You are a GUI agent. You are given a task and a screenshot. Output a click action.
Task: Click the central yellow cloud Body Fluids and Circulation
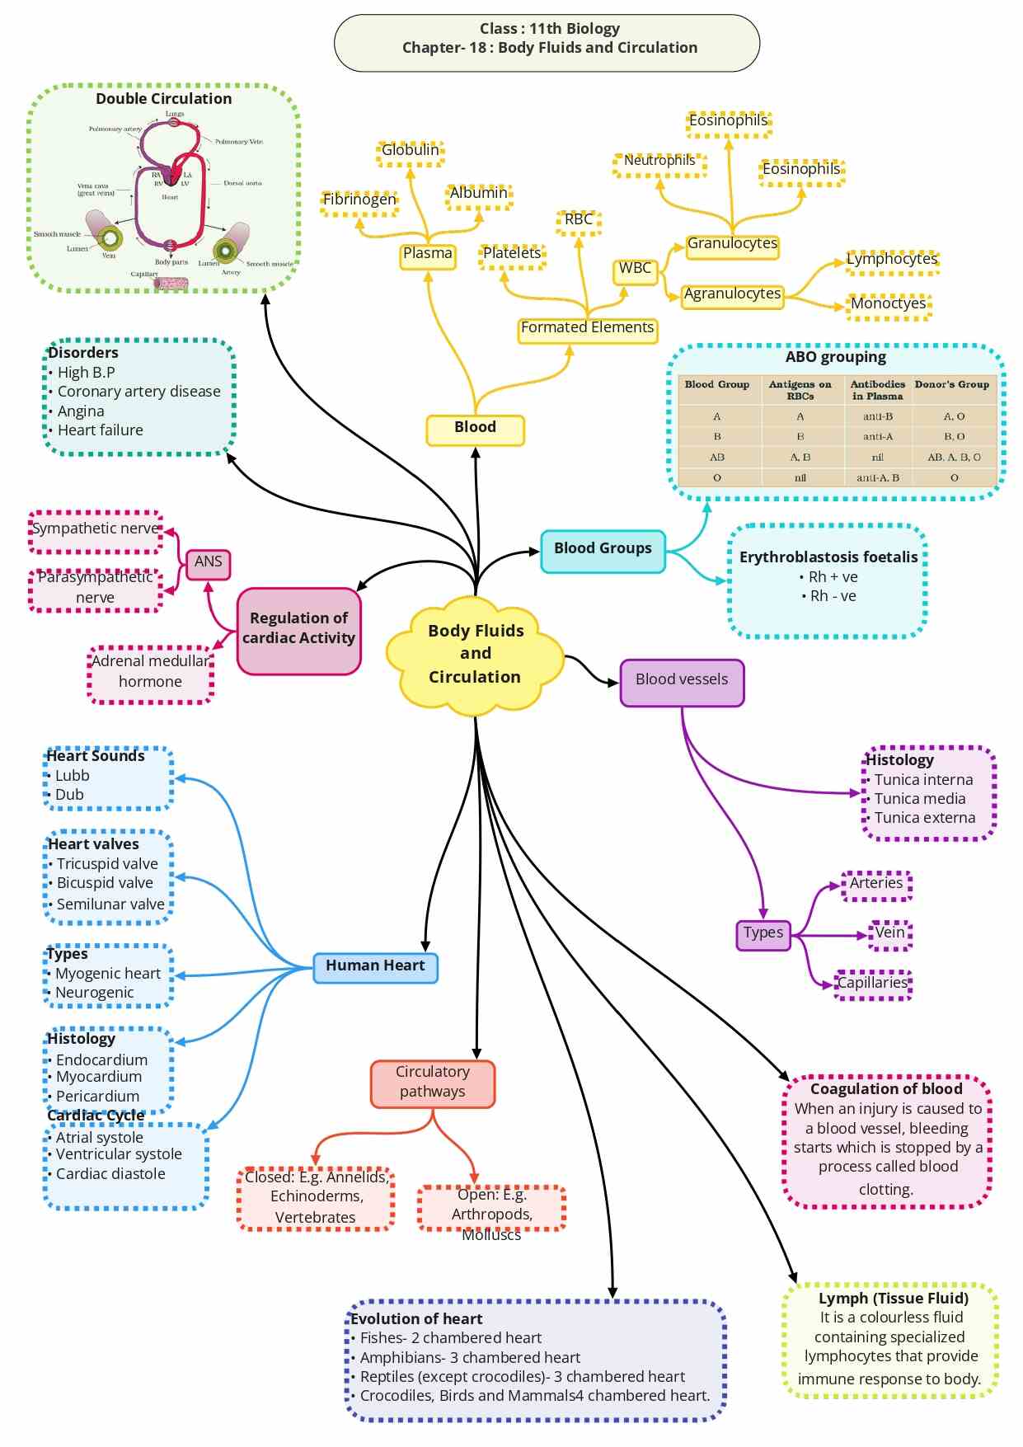[x=476, y=653]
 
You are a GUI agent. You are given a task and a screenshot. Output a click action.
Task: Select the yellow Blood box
[x=475, y=428]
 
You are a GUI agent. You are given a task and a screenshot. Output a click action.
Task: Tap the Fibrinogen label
[x=359, y=200]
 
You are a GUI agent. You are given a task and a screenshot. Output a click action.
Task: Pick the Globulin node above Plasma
[x=411, y=151]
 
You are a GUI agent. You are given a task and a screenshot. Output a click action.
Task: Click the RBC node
[x=579, y=220]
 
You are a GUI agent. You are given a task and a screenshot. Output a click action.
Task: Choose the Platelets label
[x=512, y=254]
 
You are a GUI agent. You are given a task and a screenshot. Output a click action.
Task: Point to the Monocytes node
[x=889, y=304]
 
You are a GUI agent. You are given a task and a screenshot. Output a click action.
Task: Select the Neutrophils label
[x=659, y=161]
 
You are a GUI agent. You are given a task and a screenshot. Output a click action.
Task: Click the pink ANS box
[x=208, y=562]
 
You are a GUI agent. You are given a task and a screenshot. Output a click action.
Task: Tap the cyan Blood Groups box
[x=603, y=549]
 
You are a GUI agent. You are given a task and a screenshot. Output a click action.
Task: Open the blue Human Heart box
[x=375, y=966]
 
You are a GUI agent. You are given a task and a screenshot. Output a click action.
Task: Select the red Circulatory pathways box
[x=433, y=1082]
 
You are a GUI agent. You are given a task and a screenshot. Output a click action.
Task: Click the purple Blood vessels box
[x=682, y=680]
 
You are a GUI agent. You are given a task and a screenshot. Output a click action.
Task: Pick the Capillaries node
[x=872, y=984]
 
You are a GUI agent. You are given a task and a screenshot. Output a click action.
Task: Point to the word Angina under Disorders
[x=81, y=411]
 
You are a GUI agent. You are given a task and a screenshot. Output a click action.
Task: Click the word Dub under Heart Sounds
[x=69, y=796]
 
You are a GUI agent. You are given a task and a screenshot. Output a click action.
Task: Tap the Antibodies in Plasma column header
[x=878, y=390]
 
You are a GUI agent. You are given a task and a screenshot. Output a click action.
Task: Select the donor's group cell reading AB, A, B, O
[x=954, y=458]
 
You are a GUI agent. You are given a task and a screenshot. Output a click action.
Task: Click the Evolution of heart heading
[x=417, y=1319]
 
